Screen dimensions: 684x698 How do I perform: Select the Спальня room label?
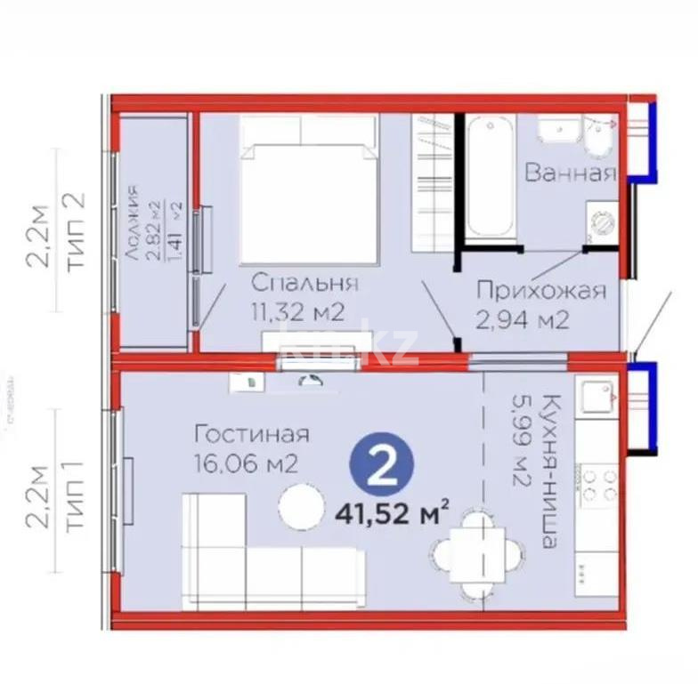click(x=304, y=284)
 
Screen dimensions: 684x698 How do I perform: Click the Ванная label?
click(x=570, y=172)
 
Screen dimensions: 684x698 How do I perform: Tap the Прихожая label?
click(x=540, y=291)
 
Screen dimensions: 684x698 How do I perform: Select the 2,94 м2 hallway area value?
click(x=523, y=319)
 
